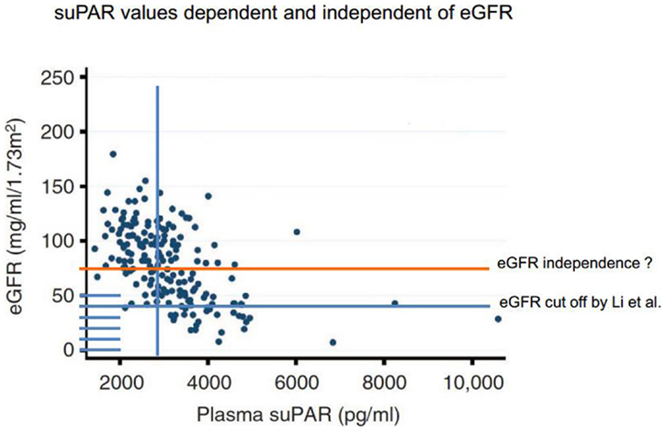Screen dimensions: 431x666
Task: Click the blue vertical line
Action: tap(158, 138)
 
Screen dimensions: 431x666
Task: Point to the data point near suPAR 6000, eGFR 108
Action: tap(297, 232)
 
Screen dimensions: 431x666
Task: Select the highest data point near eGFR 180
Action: tap(113, 154)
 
